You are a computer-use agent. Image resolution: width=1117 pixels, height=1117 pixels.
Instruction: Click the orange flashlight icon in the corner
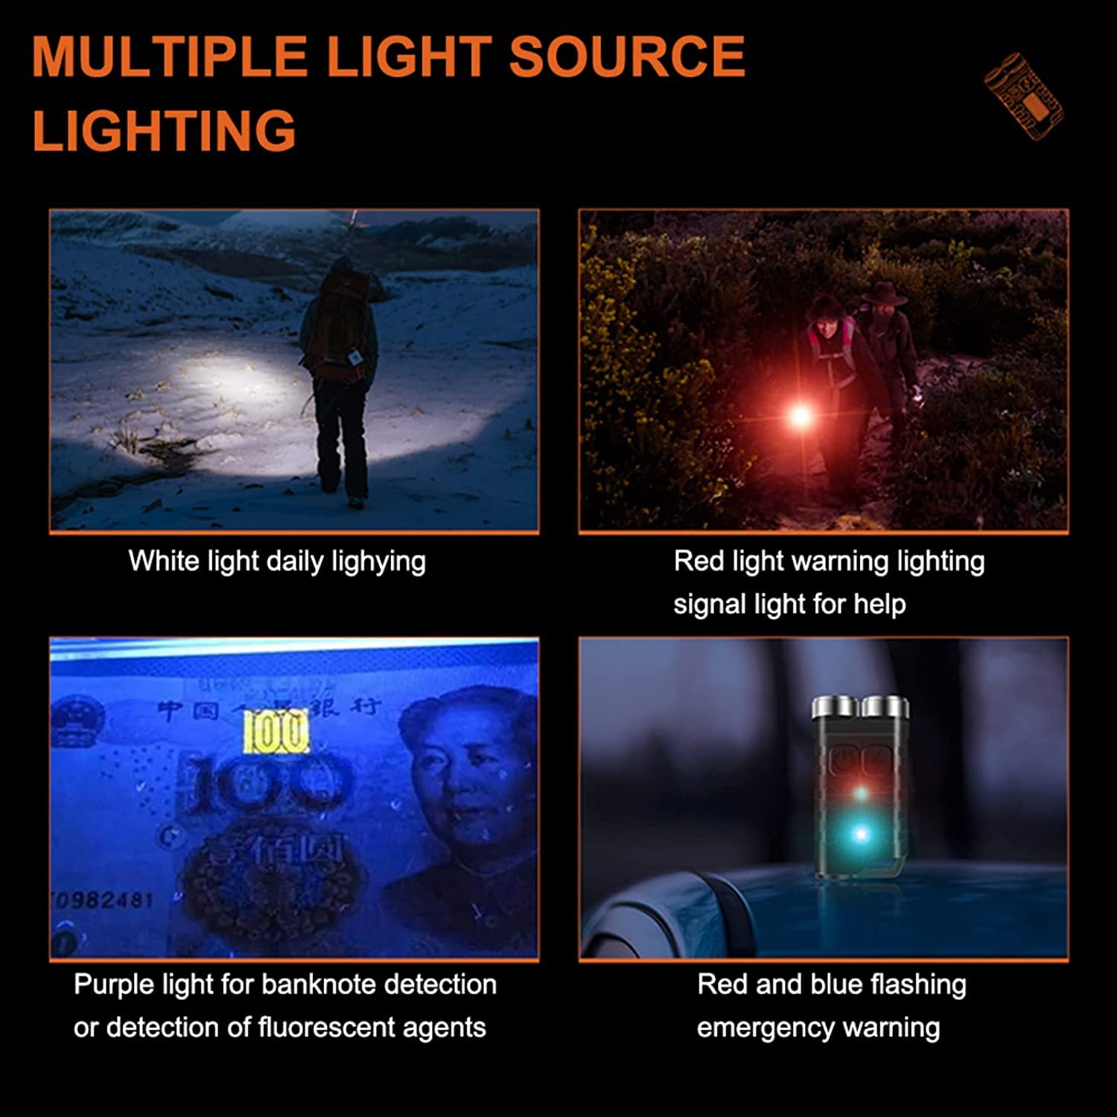(x=1024, y=95)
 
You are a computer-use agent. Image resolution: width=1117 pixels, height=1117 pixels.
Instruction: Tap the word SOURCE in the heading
(x=626, y=57)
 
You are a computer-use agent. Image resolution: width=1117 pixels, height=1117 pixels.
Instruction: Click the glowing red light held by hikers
(x=800, y=415)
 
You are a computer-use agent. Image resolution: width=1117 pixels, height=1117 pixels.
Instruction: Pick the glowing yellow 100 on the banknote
(x=276, y=732)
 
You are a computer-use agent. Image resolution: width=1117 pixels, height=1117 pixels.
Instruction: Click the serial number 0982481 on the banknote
(x=104, y=900)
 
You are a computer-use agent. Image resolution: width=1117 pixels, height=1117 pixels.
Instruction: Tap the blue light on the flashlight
(x=860, y=834)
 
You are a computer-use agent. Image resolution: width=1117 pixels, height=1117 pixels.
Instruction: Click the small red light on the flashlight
(x=860, y=794)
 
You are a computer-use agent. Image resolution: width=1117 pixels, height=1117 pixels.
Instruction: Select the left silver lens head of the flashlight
(x=835, y=707)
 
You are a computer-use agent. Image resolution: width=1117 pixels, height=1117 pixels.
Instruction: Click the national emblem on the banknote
(x=74, y=719)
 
